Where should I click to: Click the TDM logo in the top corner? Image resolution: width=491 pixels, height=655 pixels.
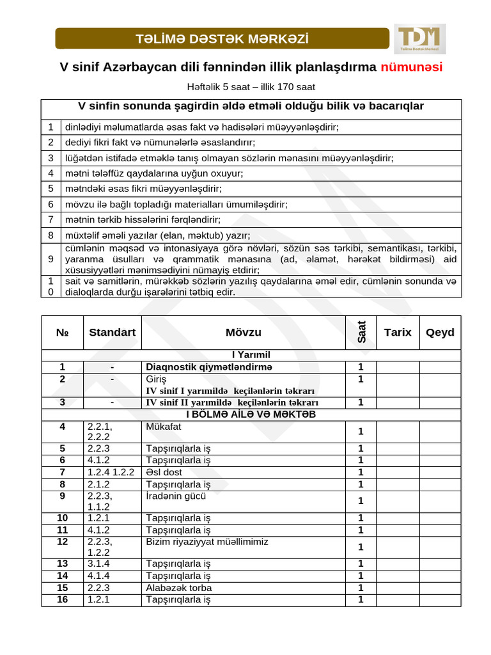coord(419,38)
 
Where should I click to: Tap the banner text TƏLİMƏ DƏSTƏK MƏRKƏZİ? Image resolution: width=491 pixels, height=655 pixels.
coord(222,39)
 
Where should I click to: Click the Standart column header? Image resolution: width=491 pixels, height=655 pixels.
coord(112,332)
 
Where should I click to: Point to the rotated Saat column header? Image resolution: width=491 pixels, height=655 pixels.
coord(361,332)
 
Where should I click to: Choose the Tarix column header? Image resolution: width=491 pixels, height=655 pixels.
coord(397,332)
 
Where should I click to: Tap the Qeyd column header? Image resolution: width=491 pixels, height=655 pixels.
coord(440,332)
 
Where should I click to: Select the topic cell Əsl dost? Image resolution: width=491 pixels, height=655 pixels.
coord(164,472)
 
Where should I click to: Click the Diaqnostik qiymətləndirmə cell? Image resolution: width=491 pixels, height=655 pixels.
coord(209,367)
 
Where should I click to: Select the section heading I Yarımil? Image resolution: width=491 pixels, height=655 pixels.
coord(251,354)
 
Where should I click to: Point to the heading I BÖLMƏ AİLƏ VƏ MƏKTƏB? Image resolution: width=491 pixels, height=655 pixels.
coord(251,414)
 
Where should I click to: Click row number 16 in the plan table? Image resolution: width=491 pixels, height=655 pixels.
coord(62,599)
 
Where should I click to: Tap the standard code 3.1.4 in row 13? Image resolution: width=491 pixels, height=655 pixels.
coord(99,564)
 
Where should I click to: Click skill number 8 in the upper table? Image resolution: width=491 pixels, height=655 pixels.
coord(51,235)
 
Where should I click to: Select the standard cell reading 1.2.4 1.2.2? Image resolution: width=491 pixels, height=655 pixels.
coord(111,472)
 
